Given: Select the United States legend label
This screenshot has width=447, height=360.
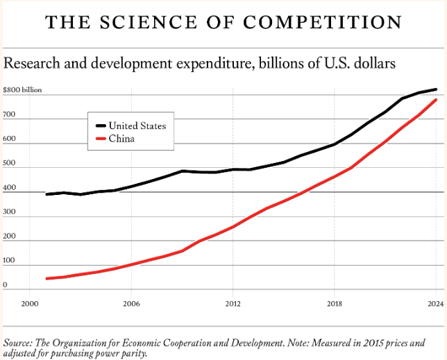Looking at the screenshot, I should tap(137, 126).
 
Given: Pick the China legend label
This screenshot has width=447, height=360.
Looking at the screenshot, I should tap(121, 139).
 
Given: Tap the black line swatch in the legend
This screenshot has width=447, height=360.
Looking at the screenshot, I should tap(100, 126).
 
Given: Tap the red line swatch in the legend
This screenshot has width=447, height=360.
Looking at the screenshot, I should tap(100, 139).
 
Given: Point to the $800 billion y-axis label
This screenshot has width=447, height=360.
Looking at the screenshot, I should tap(22, 91).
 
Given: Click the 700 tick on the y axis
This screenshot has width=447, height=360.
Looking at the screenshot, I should tap(9, 119).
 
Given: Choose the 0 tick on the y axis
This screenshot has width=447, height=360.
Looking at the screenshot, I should tap(5, 285).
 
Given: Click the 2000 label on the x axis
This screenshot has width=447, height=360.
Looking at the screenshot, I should tap(29, 303).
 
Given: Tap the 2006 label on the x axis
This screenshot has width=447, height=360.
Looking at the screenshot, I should tap(131, 303).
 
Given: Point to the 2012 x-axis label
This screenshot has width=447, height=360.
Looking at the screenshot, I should tap(233, 303).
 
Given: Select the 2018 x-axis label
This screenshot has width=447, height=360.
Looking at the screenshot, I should tap(335, 303).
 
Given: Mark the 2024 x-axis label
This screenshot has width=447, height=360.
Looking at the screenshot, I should tap(435, 303).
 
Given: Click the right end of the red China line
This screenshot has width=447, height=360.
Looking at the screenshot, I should tap(436, 100).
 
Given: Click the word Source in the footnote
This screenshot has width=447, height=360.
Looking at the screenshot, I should tap(19, 343).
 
